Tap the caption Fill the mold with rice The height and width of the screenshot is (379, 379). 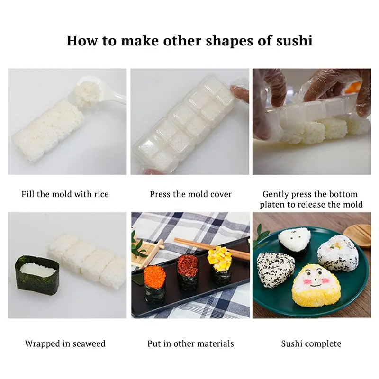65,194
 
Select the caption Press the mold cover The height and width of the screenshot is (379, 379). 190,194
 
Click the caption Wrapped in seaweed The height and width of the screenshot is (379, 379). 65,343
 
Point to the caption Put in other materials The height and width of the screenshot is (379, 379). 190,343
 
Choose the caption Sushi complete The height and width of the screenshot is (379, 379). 311,343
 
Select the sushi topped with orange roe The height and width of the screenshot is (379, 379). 154,282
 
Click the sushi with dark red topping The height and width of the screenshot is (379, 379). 188,272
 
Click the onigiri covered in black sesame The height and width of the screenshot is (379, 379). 275,270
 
